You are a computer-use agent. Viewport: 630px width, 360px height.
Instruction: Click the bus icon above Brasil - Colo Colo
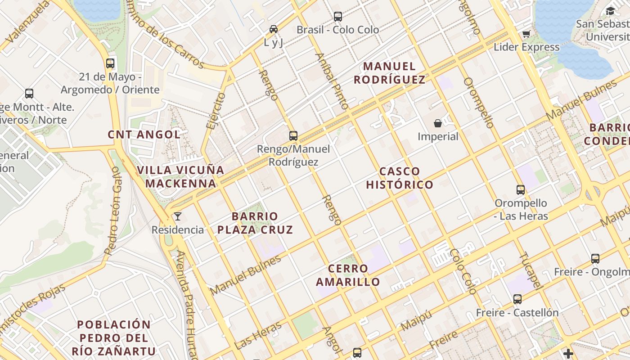[338, 17]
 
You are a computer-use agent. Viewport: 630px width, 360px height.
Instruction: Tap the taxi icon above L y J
[273, 29]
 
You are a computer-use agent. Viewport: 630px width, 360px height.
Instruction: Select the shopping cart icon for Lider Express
[526, 34]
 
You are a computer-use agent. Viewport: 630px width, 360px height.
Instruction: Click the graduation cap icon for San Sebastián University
[610, 11]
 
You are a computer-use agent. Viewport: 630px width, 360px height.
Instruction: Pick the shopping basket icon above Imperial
[438, 123]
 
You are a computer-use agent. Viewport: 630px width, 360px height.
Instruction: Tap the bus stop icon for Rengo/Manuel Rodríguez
[293, 135]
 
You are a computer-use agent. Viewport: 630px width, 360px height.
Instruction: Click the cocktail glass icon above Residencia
[178, 216]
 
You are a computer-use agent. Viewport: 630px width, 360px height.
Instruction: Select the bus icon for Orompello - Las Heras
[521, 190]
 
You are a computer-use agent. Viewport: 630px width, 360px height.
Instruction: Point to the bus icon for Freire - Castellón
[517, 299]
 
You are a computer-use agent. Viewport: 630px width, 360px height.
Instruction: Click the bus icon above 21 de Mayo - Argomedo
[110, 63]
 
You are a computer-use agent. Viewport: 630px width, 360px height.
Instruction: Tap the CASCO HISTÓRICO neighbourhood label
[399, 178]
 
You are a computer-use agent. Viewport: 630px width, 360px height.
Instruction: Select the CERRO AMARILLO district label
[348, 275]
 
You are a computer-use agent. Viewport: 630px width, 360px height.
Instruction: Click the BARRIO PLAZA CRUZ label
[255, 223]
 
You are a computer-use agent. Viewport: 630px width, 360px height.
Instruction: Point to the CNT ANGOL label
[144, 134]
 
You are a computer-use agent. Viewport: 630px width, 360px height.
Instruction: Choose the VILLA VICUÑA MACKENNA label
[180, 177]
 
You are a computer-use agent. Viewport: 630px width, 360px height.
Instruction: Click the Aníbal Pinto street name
[332, 81]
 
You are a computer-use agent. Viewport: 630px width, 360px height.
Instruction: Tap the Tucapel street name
[530, 270]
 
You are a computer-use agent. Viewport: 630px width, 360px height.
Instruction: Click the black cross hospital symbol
[568, 354]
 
